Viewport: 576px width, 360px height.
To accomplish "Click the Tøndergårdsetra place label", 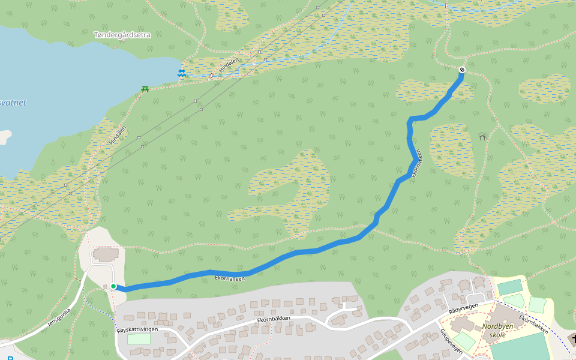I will pos(122,35).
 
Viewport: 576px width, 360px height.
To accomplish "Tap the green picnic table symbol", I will pos(145,89).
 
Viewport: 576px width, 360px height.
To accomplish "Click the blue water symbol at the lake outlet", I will pos(181,73).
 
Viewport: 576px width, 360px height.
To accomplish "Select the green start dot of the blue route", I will pos(113,286).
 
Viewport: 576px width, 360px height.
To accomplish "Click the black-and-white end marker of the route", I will pos(462,70).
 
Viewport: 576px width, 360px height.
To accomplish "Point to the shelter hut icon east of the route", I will pos(482,137).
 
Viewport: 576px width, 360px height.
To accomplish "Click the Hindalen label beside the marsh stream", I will pos(229,65).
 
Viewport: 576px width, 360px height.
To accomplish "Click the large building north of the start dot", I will pos(106,254).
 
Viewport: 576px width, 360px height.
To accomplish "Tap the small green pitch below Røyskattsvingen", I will pos(139,339).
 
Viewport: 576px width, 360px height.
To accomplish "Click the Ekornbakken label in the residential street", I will pos(274,319).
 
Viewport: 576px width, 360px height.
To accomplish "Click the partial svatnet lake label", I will pos(13,103).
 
